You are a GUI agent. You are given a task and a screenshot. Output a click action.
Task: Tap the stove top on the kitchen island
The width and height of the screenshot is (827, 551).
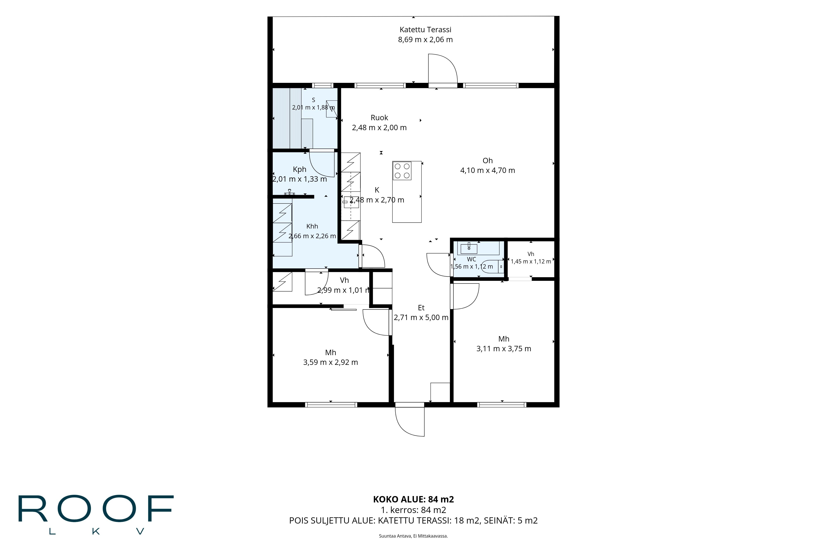coord(402,171)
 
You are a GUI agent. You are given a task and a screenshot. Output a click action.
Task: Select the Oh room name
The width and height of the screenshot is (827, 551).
coord(487,161)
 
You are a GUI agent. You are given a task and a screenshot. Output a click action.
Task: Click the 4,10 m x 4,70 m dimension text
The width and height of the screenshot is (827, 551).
coord(487,170)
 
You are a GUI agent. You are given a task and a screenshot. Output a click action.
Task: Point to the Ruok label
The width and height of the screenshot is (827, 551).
coord(379,118)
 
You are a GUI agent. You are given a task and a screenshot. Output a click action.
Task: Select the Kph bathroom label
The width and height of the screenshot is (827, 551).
coord(300,169)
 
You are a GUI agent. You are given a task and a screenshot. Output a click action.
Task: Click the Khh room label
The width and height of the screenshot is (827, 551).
coord(312,226)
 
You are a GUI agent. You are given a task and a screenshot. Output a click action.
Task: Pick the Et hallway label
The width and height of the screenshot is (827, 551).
coord(421,308)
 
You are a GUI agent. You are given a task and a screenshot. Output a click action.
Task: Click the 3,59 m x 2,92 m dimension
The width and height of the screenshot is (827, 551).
coord(331,362)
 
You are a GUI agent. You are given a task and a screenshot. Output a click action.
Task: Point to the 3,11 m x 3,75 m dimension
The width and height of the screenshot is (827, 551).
coord(503,349)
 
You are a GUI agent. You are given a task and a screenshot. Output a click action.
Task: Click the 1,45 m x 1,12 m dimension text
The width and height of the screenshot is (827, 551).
coord(531,261)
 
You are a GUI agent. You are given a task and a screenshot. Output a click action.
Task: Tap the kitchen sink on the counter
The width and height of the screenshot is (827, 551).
coord(351,202)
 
